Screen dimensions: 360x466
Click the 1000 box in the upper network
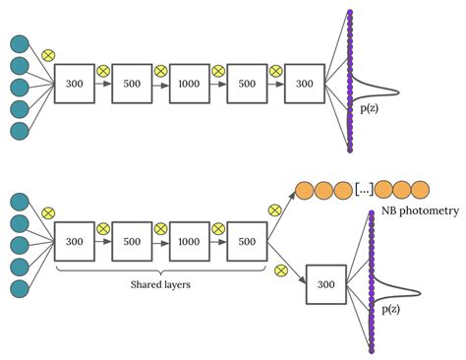(x=189, y=85)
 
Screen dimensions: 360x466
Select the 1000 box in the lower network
(x=189, y=241)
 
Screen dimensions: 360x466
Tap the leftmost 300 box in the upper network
(x=73, y=85)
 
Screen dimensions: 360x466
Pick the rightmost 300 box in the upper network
(x=305, y=85)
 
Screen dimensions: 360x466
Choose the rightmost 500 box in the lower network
(x=247, y=241)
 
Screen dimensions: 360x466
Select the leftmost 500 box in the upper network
(x=131, y=85)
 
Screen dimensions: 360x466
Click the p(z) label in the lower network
(x=390, y=309)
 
